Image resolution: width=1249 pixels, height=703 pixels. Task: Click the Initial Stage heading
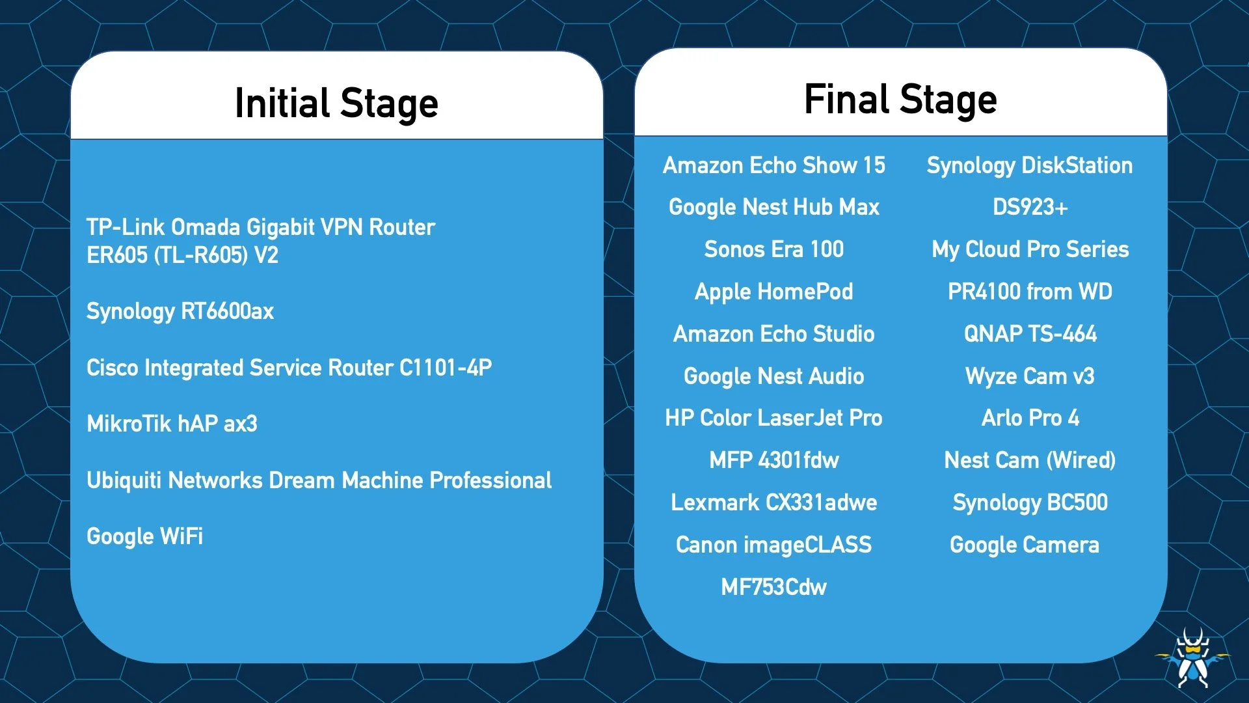pyautogui.click(x=336, y=103)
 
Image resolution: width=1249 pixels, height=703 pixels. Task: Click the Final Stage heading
pyautogui.click(x=900, y=100)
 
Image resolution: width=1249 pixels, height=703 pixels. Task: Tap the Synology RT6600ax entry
pyautogui.click(x=180, y=311)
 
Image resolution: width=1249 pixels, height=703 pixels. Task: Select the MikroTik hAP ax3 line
pyautogui.click(x=172, y=424)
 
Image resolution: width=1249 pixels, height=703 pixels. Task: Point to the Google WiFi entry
pyautogui.click(x=144, y=536)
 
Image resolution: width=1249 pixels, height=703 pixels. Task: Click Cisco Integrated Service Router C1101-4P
pyautogui.click(x=289, y=368)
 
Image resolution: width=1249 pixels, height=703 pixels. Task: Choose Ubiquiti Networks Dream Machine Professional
pyautogui.click(x=319, y=480)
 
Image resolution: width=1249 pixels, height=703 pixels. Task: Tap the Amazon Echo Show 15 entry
pyautogui.click(x=774, y=165)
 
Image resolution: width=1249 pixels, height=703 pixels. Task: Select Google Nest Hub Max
pyautogui.click(x=774, y=207)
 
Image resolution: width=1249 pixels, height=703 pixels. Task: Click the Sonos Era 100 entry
pyautogui.click(x=774, y=249)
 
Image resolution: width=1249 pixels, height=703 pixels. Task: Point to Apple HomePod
pyautogui.click(x=774, y=292)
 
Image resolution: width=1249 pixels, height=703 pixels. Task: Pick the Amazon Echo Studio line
pyautogui.click(x=774, y=334)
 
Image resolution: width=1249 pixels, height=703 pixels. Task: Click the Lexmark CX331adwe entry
pyautogui.click(x=774, y=503)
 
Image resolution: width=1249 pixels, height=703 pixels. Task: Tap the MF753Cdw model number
pyautogui.click(x=774, y=587)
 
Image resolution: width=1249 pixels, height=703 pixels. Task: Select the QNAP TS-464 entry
pyautogui.click(x=1030, y=334)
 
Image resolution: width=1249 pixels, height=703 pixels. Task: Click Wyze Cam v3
pyautogui.click(x=1030, y=376)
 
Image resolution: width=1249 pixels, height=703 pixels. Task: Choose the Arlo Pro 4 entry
pyautogui.click(x=1030, y=418)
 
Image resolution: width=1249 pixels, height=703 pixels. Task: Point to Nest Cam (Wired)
pyautogui.click(x=1030, y=460)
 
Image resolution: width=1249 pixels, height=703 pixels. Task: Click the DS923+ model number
pyautogui.click(x=1030, y=207)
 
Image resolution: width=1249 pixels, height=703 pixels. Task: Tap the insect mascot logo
pyautogui.click(x=1193, y=657)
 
